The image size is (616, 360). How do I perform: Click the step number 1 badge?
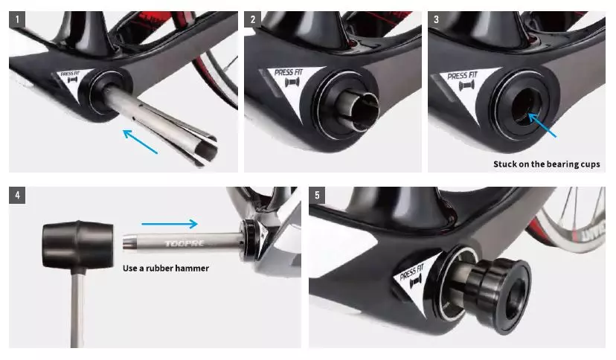pyautogui.click(x=17, y=19)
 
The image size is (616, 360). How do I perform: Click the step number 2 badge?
pyautogui.click(x=253, y=19)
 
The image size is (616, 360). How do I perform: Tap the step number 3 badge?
pyautogui.click(x=436, y=19)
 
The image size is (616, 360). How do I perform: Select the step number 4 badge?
pyautogui.click(x=17, y=195)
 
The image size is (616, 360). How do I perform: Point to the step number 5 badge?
pyautogui.click(x=317, y=195)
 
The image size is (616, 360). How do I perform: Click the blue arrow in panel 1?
pyautogui.click(x=141, y=141)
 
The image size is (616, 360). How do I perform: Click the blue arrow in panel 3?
pyautogui.click(x=542, y=125)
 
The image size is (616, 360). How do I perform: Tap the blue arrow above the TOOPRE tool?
pyautogui.click(x=170, y=224)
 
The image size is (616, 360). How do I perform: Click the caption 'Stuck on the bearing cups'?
pyautogui.click(x=547, y=164)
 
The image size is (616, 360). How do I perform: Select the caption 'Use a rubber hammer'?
pyautogui.click(x=166, y=268)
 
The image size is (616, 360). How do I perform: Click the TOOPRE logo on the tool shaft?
pyautogui.click(x=185, y=243)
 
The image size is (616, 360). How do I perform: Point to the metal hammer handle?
pyautogui.click(x=78, y=310)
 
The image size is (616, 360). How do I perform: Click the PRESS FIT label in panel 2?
pyautogui.click(x=289, y=72)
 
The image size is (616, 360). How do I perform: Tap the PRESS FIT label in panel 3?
pyautogui.click(x=463, y=75)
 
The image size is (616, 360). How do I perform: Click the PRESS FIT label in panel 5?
pyautogui.click(x=411, y=271)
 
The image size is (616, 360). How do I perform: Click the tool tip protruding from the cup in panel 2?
pyautogui.click(x=362, y=110)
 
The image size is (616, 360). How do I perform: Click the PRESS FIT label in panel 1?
pyautogui.click(x=70, y=74)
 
